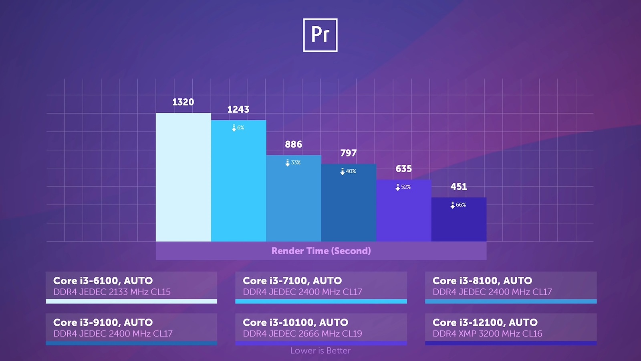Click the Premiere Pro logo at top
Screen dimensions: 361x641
[x=320, y=35]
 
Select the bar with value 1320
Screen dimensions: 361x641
[x=183, y=177]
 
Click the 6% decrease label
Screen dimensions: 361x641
[x=238, y=128]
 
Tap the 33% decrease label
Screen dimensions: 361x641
[x=293, y=162]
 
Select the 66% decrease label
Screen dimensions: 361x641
[x=458, y=205]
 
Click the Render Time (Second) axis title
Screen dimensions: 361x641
[x=321, y=251]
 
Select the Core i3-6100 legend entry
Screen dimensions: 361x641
[x=131, y=286]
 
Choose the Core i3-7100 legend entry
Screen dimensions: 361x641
[x=321, y=286]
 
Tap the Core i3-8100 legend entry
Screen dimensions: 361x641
[x=511, y=286]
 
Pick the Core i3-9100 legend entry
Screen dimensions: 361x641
[x=131, y=328]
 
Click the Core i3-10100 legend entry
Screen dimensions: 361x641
[x=321, y=328]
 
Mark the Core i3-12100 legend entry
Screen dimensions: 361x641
[x=511, y=328]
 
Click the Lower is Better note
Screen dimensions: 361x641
[x=320, y=351]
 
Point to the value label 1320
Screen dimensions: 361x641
[x=183, y=102]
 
